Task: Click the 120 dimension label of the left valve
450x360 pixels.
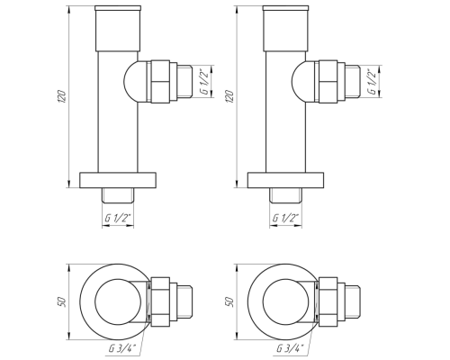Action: [x=61, y=96]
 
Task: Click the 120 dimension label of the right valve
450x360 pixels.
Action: [x=229, y=96]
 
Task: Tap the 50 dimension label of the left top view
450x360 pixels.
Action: [x=61, y=301]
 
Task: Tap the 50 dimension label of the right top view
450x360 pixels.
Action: [x=229, y=301]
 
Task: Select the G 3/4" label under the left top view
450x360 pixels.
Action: [x=122, y=348]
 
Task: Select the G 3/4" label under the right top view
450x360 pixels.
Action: [x=290, y=348]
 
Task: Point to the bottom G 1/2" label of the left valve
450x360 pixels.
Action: [x=118, y=218]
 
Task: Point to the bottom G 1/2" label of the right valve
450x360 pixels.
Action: [x=286, y=218]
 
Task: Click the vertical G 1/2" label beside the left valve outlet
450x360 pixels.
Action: [x=205, y=81]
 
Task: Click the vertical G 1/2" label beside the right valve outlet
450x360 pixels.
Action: [x=373, y=81]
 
